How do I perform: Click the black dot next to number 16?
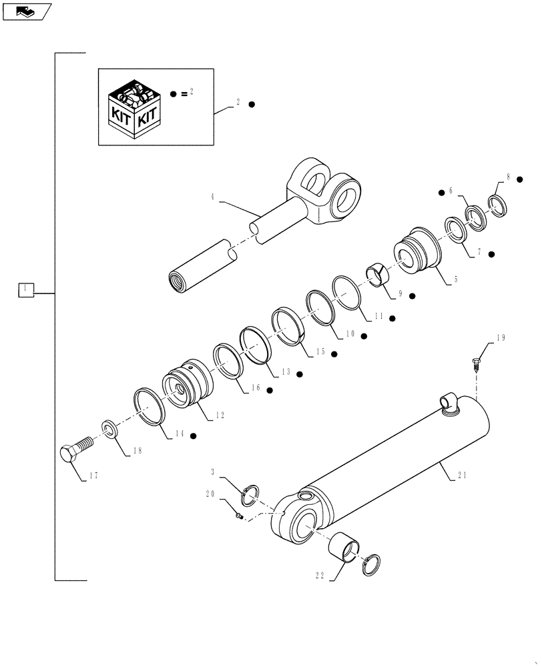(270, 390)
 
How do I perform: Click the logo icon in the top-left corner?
(26, 11)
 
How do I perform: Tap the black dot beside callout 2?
(252, 105)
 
